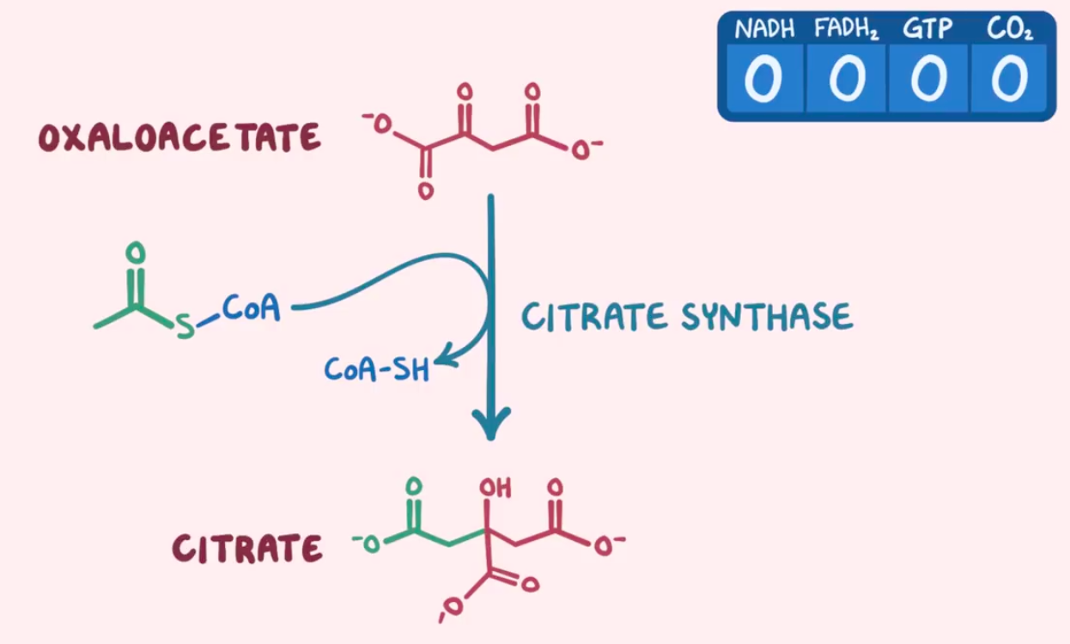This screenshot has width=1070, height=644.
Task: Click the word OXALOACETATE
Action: [179, 137]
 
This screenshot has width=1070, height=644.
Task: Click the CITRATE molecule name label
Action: [247, 548]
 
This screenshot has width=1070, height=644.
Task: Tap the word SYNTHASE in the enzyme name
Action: [767, 316]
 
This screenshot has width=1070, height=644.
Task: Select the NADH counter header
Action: [765, 28]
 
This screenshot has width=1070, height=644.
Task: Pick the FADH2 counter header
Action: [846, 28]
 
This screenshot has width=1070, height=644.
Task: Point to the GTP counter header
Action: [927, 28]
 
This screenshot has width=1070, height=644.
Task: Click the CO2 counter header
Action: [1010, 29]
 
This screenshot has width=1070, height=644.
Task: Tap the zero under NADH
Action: [763, 78]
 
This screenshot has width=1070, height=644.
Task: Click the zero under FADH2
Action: [847, 78]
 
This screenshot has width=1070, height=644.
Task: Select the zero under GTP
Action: [929, 78]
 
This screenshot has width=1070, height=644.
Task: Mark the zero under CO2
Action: [1009, 78]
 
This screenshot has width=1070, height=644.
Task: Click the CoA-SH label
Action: [377, 369]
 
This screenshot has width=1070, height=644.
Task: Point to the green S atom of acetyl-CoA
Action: [185, 326]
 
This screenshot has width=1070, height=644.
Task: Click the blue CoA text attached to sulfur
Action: [252, 307]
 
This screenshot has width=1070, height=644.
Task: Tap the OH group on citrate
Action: [495, 488]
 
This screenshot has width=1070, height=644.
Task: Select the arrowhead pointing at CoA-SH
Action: [445, 358]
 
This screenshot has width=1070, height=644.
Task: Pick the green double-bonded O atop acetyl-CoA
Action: [136, 252]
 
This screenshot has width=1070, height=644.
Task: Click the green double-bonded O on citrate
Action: [414, 486]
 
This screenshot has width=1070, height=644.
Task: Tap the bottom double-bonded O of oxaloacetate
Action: [426, 191]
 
